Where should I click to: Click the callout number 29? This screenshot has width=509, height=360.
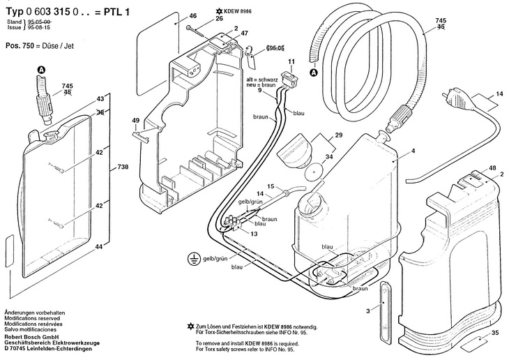coord(338,135)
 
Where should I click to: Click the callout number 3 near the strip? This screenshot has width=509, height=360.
coord(368,311)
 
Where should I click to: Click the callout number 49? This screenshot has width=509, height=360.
coord(136,121)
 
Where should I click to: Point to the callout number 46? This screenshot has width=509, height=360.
coord(174,15)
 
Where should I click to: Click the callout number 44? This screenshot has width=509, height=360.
coord(100,248)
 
